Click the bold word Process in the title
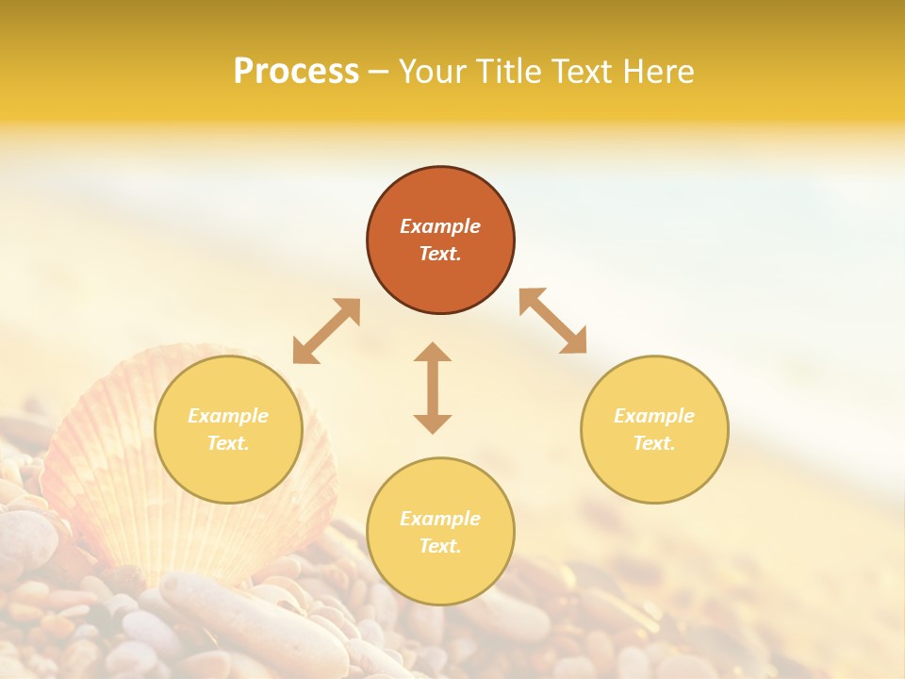click(x=296, y=72)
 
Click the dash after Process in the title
click(x=378, y=74)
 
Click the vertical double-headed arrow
click(x=433, y=388)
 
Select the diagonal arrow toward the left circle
click(x=326, y=331)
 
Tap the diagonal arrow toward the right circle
click(x=553, y=321)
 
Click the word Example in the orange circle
click(x=440, y=226)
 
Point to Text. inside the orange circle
click(x=440, y=254)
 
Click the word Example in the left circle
click(x=228, y=416)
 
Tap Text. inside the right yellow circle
click(x=654, y=443)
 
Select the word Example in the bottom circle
click(x=440, y=519)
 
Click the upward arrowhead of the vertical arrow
click(x=433, y=353)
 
